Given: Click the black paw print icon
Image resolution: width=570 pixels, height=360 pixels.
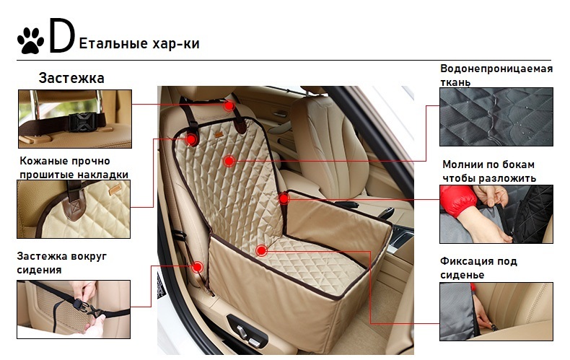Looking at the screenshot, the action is (30, 40).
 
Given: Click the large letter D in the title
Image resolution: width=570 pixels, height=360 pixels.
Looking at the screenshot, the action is (62, 35).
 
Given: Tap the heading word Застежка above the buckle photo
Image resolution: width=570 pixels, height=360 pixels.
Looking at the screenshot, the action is (71, 78).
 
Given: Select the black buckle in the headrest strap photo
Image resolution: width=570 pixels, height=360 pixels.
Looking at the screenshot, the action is (83, 122).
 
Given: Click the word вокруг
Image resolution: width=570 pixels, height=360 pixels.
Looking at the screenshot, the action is (89, 256).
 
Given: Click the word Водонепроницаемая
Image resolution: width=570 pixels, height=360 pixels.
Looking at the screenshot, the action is (496, 69).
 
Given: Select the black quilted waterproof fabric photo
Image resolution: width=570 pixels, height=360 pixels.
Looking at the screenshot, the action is (496, 117).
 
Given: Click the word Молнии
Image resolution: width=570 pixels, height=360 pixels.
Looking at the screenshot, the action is (458, 164).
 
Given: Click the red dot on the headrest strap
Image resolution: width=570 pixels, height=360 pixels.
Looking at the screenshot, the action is (229, 105).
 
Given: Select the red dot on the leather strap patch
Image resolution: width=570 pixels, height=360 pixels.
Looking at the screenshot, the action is (191, 139).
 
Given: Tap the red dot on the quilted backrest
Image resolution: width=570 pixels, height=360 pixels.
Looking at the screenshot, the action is (229, 161).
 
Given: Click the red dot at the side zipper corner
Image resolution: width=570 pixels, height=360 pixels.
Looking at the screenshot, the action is (284, 198).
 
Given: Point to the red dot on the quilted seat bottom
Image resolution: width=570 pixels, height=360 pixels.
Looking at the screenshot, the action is (261, 250).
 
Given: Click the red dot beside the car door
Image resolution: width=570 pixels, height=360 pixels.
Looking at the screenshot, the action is (198, 267).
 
